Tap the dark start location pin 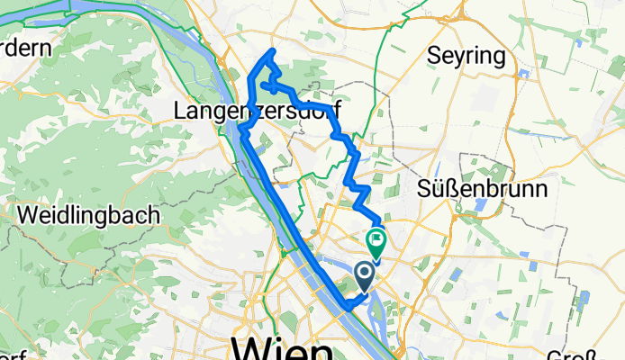click(366, 274)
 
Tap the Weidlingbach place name click(88, 216)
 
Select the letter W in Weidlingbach click(27, 216)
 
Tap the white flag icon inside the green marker click(376, 239)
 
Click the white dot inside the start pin click(366, 271)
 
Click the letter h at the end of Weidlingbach click(154, 216)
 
